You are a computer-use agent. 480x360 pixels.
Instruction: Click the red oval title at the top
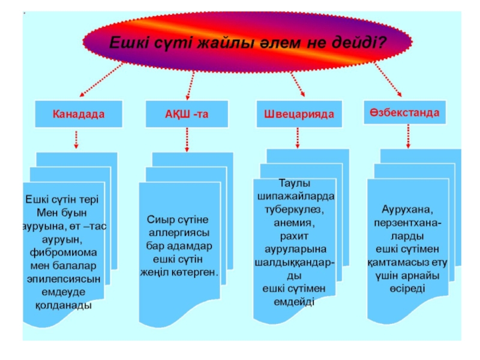click(247, 41)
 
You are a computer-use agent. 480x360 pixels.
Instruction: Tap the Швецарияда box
click(295, 113)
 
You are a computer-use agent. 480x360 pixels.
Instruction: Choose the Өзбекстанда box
click(405, 112)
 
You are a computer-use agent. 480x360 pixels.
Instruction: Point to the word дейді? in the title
click(362, 43)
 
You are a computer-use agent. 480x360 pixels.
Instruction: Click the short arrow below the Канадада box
click(76, 139)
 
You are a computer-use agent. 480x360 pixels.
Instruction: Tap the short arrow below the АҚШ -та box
click(187, 139)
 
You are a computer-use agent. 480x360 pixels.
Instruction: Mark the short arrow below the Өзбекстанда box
click(409, 136)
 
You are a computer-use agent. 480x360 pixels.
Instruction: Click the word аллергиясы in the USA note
click(179, 232)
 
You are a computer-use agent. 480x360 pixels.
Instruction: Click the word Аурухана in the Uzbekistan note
click(407, 209)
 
